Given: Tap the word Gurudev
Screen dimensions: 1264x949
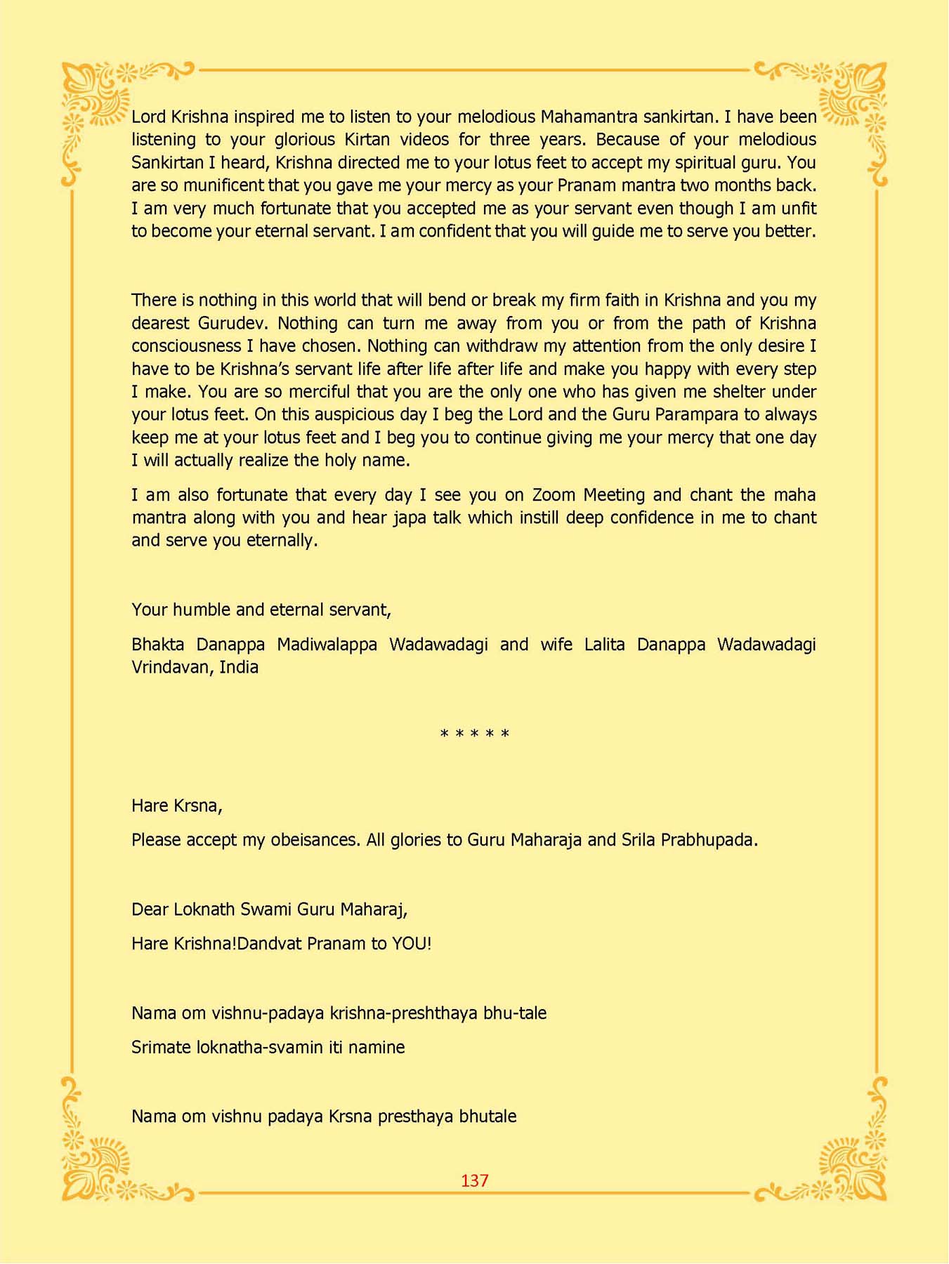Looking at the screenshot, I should tap(231, 323).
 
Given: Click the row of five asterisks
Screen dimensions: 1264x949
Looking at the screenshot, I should tap(474, 735).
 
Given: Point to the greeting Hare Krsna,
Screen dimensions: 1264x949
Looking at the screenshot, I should tap(176, 805).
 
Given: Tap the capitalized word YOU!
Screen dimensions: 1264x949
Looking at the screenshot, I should tap(412, 943).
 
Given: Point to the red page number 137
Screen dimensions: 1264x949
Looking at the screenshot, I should tap(474, 1180).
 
